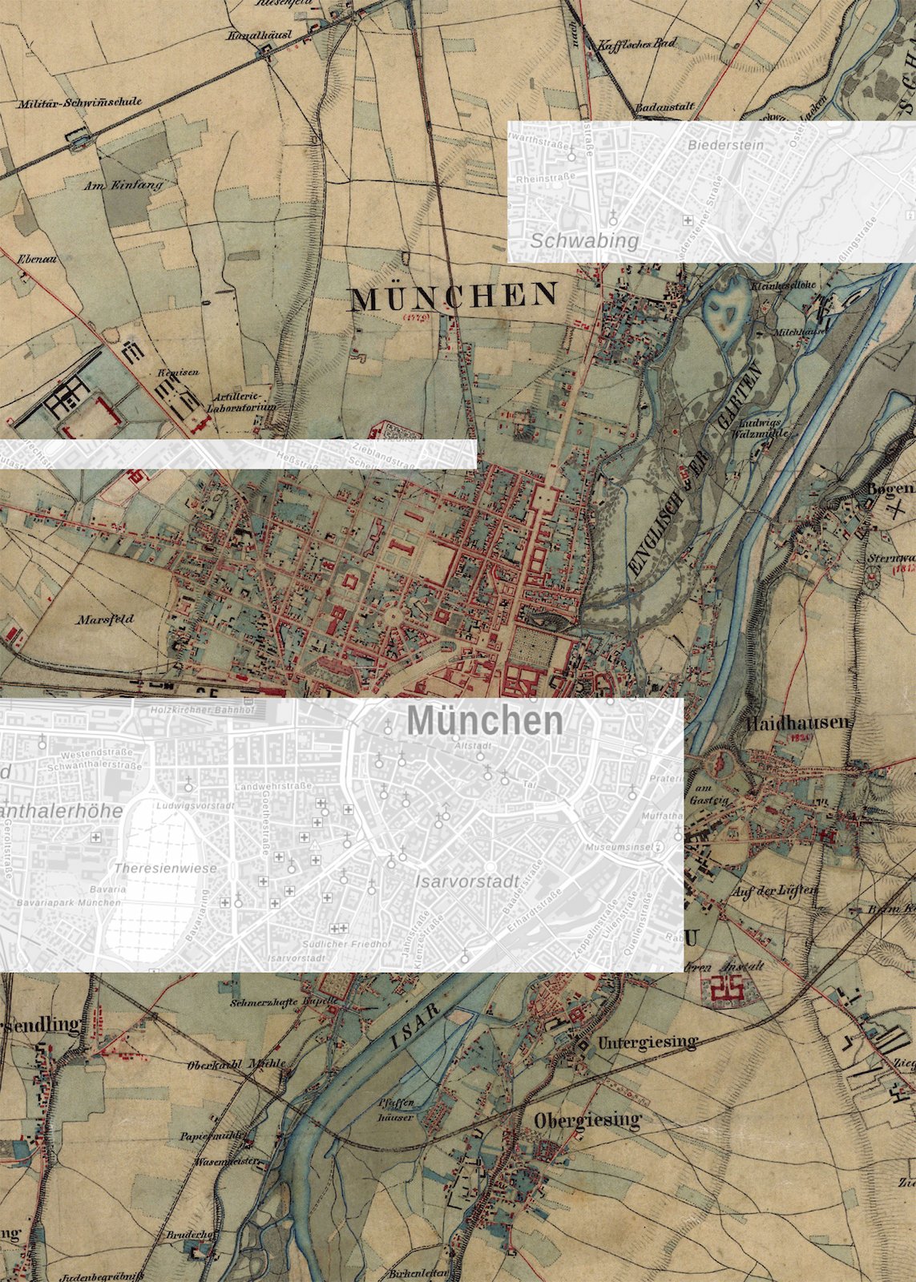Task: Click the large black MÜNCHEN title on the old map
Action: (x=454, y=297)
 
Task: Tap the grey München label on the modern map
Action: (x=485, y=722)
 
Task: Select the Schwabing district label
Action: (x=584, y=240)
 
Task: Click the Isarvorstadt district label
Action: (x=467, y=881)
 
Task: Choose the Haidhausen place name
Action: (x=798, y=724)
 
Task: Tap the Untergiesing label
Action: (x=648, y=1042)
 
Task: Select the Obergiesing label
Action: (x=588, y=1119)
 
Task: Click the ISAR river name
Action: (x=417, y=1027)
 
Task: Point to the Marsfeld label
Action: (x=105, y=619)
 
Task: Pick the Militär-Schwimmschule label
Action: (x=80, y=103)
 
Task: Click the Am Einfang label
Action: (x=123, y=185)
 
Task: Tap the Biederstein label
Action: (x=725, y=145)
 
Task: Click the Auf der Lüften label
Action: (x=775, y=890)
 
